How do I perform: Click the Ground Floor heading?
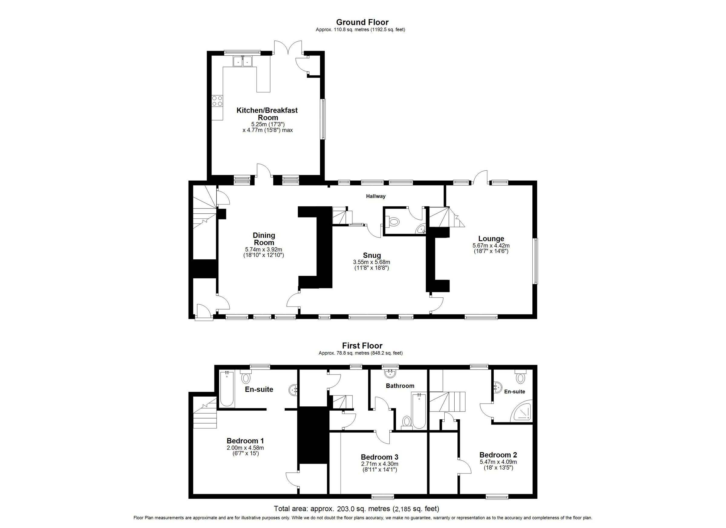pyautogui.click(x=362, y=22)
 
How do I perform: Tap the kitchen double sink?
pyautogui.click(x=242, y=61)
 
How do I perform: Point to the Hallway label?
pyautogui.click(x=375, y=196)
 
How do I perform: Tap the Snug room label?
pyautogui.click(x=372, y=255)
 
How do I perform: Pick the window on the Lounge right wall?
pyautogui.click(x=535, y=261)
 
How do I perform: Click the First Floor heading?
pyautogui.click(x=362, y=346)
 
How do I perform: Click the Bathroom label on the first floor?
pyautogui.click(x=400, y=386)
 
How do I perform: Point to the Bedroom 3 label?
pyautogui.click(x=379, y=457)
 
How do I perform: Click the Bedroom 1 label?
pyautogui.click(x=245, y=441)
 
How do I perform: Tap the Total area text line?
pyautogui.click(x=356, y=508)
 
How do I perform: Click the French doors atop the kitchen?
pyautogui.click(x=288, y=48)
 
